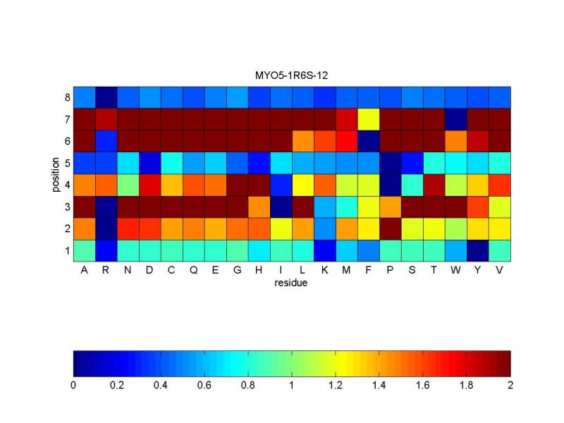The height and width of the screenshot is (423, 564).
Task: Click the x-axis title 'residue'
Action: (292, 283)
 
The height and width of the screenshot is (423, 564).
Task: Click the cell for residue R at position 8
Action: (106, 97)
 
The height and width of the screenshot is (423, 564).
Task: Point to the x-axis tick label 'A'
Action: (85, 271)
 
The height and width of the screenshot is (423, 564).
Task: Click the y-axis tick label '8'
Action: (66, 97)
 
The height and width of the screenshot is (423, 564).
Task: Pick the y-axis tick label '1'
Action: (66, 251)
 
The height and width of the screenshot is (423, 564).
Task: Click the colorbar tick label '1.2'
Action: (336, 385)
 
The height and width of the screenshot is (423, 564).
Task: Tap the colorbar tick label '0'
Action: (73, 385)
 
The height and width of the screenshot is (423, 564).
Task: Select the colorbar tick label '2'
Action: (510, 385)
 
